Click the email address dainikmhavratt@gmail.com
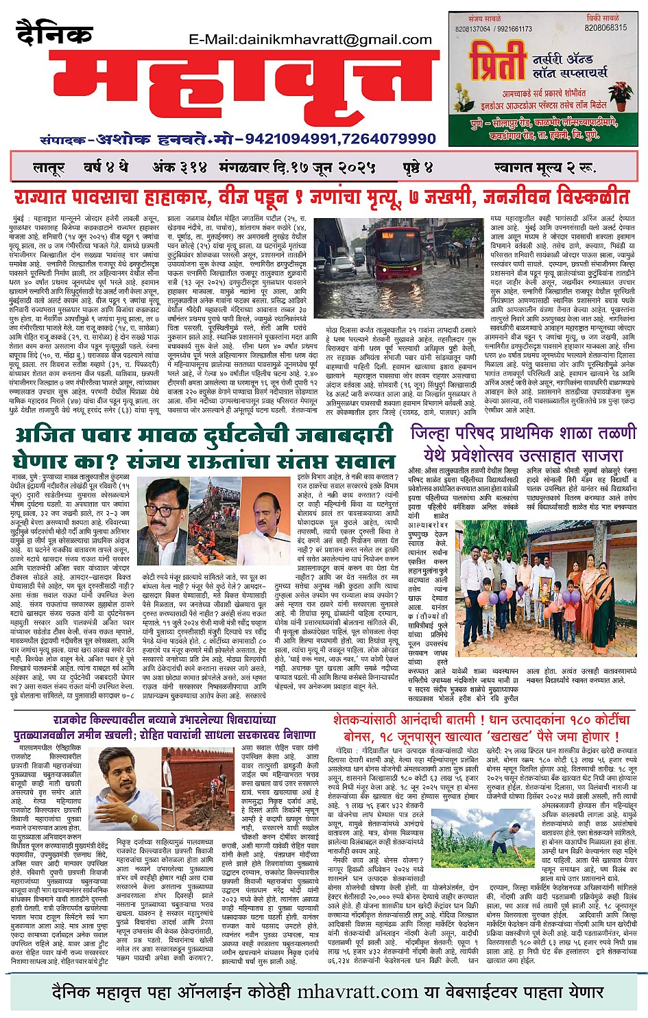click(311, 39)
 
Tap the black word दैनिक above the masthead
click(54, 35)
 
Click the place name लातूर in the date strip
click(49, 167)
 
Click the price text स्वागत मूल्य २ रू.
click(544, 167)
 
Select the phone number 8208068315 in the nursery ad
click(605, 28)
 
